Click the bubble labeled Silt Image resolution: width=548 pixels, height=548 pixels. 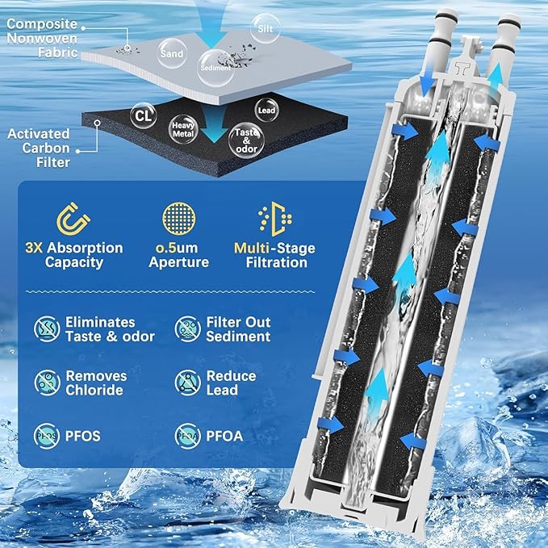(266, 28)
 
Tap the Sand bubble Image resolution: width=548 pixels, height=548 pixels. (172, 53)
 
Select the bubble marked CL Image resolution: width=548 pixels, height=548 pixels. (144, 115)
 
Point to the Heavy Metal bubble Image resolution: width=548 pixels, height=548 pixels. (183, 129)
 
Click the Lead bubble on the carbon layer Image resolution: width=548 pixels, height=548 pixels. (266, 110)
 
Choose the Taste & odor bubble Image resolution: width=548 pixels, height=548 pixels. (246, 140)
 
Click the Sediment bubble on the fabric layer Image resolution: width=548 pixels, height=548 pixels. (215, 68)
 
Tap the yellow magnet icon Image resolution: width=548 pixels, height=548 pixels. (73, 219)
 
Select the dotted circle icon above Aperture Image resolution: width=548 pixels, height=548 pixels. (179, 218)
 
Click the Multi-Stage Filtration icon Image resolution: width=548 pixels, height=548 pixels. (275, 219)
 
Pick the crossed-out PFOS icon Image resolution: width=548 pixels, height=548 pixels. (47, 436)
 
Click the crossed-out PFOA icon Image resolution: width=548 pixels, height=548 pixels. (188, 436)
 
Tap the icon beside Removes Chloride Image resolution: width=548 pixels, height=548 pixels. (47, 383)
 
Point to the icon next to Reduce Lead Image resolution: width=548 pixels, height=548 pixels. (188, 383)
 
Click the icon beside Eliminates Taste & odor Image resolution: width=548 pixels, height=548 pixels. (47, 328)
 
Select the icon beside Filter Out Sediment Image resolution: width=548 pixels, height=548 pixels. (188, 328)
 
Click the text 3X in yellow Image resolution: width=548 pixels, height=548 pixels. (34, 248)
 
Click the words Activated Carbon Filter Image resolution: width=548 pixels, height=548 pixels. (39, 149)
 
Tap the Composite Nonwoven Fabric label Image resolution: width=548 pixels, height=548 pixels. (42, 38)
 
